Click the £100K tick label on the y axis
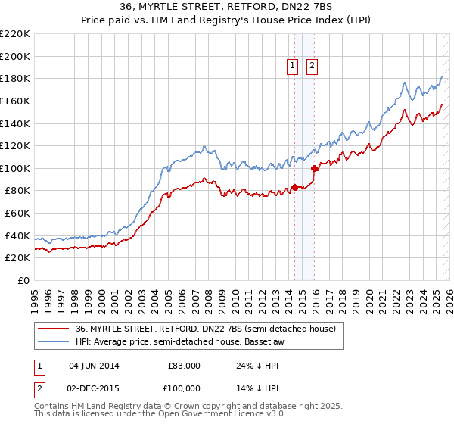point(14,168)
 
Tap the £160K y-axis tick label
point(14,101)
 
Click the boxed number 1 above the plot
point(293,67)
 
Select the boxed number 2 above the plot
point(312,67)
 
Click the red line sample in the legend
point(54,329)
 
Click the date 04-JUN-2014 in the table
point(93,366)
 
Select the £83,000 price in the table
point(184,366)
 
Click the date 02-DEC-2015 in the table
point(93,388)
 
